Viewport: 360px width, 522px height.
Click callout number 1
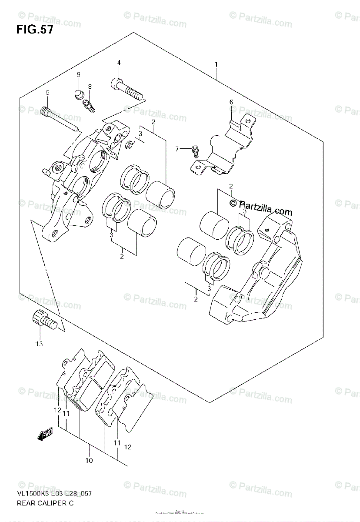click(216, 65)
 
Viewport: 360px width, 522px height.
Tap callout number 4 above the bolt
click(118, 63)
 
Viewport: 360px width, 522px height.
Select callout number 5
click(47, 92)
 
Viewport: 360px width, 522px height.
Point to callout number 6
click(231, 102)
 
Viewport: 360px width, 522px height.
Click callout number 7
click(177, 149)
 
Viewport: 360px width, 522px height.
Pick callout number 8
click(90, 86)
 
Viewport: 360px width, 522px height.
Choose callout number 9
click(79, 75)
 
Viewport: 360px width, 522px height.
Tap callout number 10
click(89, 460)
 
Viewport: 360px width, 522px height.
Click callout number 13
click(39, 345)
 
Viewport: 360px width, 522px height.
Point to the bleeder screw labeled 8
click(89, 105)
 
